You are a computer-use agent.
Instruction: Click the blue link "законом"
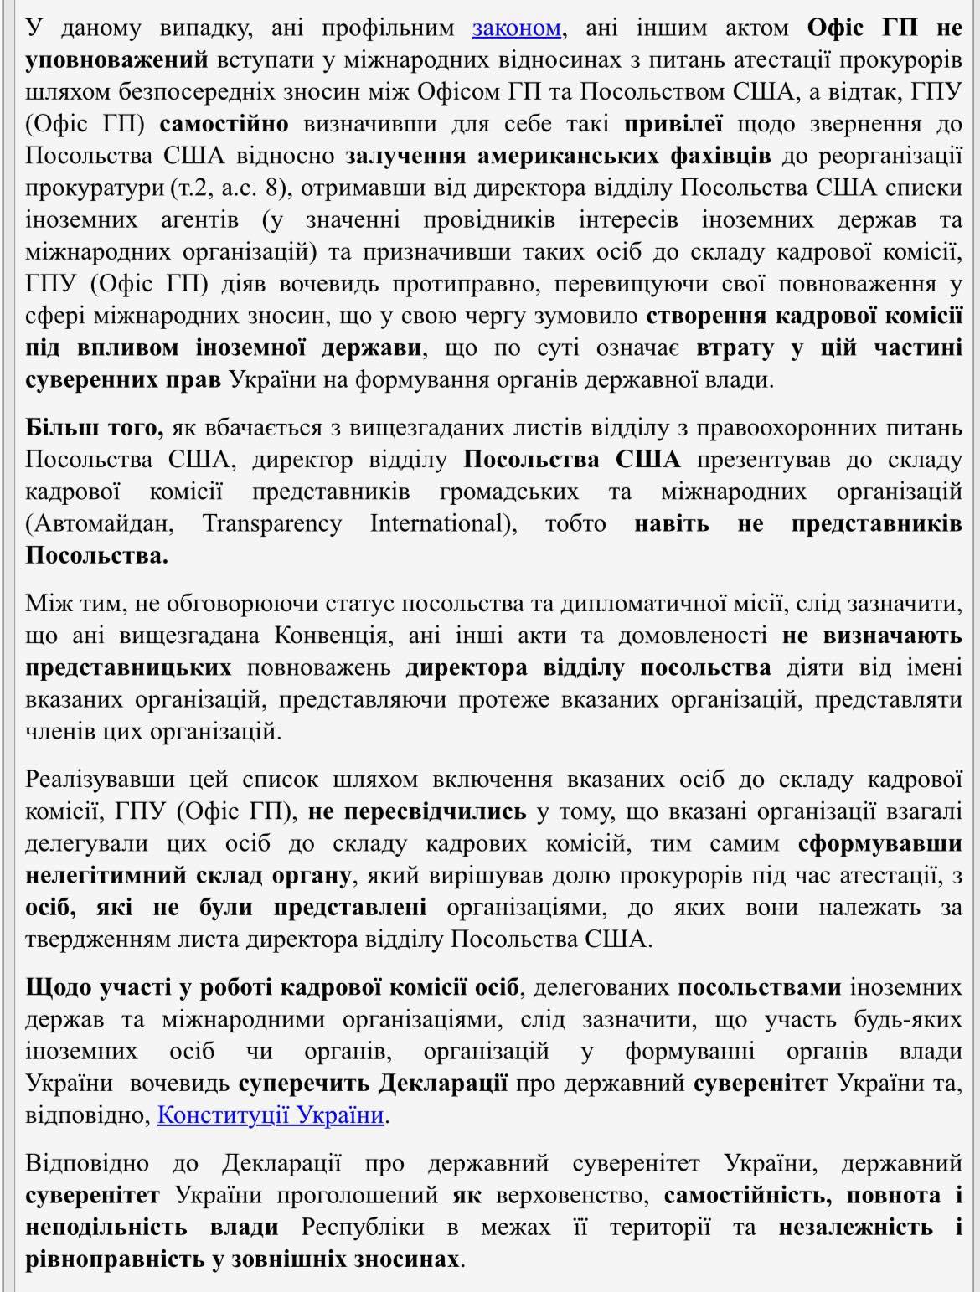click(516, 28)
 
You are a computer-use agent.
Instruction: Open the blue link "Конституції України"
click(271, 1114)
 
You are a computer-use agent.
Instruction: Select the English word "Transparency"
click(271, 524)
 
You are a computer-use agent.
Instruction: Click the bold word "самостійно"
click(224, 124)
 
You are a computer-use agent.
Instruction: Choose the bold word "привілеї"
click(673, 124)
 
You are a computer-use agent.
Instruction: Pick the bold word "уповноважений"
click(116, 59)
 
